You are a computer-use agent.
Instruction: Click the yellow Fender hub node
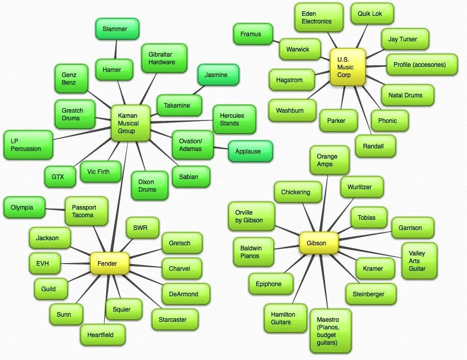tap(109, 264)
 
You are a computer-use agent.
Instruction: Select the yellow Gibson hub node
tap(319, 243)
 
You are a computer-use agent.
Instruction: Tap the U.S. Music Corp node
tap(347, 67)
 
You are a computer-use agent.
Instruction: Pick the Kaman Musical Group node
tap(130, 123)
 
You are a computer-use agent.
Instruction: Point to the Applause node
tap(250, 151)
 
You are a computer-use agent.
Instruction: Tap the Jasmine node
tap(218, 75)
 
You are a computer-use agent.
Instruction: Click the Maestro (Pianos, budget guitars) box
tap(330, 331)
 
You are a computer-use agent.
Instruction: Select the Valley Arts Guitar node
tap(420, 261)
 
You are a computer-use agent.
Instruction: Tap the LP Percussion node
tap(28, 144)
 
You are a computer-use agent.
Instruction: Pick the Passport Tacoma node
tap(86, 211)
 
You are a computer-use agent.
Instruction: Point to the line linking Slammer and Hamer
tap(116, 49)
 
